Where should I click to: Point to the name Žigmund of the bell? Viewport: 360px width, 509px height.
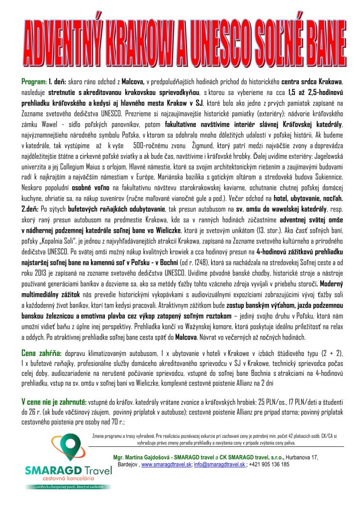[x=203, y=147]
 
